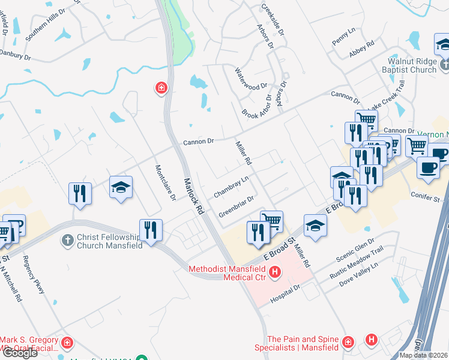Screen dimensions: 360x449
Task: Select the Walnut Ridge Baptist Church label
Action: pyautogui.click(x=403, y=65)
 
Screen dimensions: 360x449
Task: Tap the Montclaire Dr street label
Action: pyautogui.click(x=165, y=182)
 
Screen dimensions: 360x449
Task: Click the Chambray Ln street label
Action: pyautogui.click(x=231, y=187)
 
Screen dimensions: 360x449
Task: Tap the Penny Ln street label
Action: pyautogui.click(x=343, y=37)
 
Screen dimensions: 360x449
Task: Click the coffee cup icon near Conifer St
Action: pyautogui.click(x=427, y=167)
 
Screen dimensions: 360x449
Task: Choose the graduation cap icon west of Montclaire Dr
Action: pyautogui.click(x=121, y=187)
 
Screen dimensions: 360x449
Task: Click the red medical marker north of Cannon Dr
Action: pyautogui.click(x=161, y=89)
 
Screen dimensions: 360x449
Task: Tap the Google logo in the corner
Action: pyautogui.click(x=19, y=352)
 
